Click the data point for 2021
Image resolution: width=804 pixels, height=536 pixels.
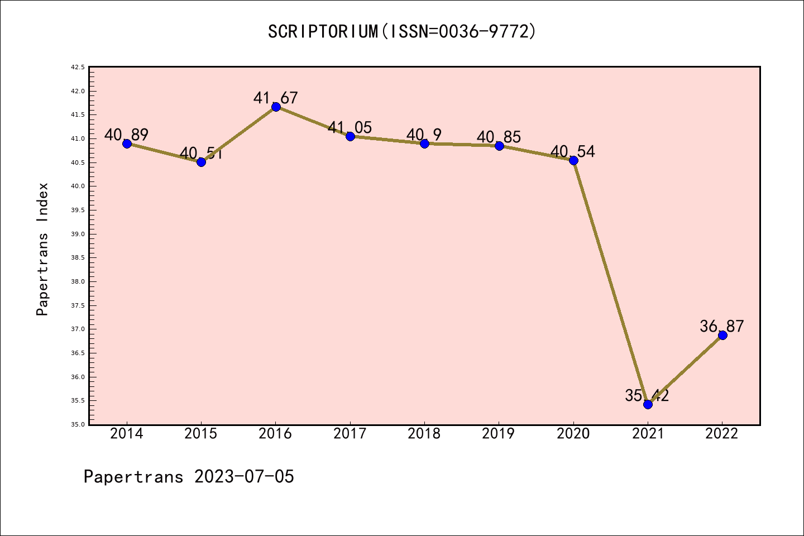(x=648, y=404)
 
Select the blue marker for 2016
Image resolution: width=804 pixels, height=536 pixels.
(x=276, y=107)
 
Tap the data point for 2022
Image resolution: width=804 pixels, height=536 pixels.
(x=722, y=335)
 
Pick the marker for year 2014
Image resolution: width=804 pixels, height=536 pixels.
(x=127, y=143)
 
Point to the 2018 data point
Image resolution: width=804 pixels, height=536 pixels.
(x=424, y=143)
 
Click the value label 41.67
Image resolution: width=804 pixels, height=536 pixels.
(x=275, y=98)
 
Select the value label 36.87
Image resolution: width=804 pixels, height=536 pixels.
(x=722, y=326)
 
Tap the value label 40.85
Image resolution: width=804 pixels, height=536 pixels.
(x=499, y=137)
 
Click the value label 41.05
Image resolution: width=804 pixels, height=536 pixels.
(x=350, y=127)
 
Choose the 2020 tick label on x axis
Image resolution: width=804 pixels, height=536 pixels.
(x=573, y=434)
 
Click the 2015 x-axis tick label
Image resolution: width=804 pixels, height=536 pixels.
(x=201, y=434)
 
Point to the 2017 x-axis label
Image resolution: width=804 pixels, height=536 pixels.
(x=350, y=434)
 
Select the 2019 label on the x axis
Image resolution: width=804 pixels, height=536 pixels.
(x=499, y=434)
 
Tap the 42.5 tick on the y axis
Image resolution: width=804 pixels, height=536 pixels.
(x=78, y=68)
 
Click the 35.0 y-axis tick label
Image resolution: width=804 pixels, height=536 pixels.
(x=78, y=425)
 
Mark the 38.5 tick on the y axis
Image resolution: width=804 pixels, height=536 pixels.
(x=78, y=258)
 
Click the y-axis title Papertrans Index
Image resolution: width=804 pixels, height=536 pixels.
(x=42, y=249)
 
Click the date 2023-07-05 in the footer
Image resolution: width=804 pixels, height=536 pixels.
(x=244, y=477)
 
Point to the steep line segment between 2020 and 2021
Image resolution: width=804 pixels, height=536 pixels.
(x=611, y=283)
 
